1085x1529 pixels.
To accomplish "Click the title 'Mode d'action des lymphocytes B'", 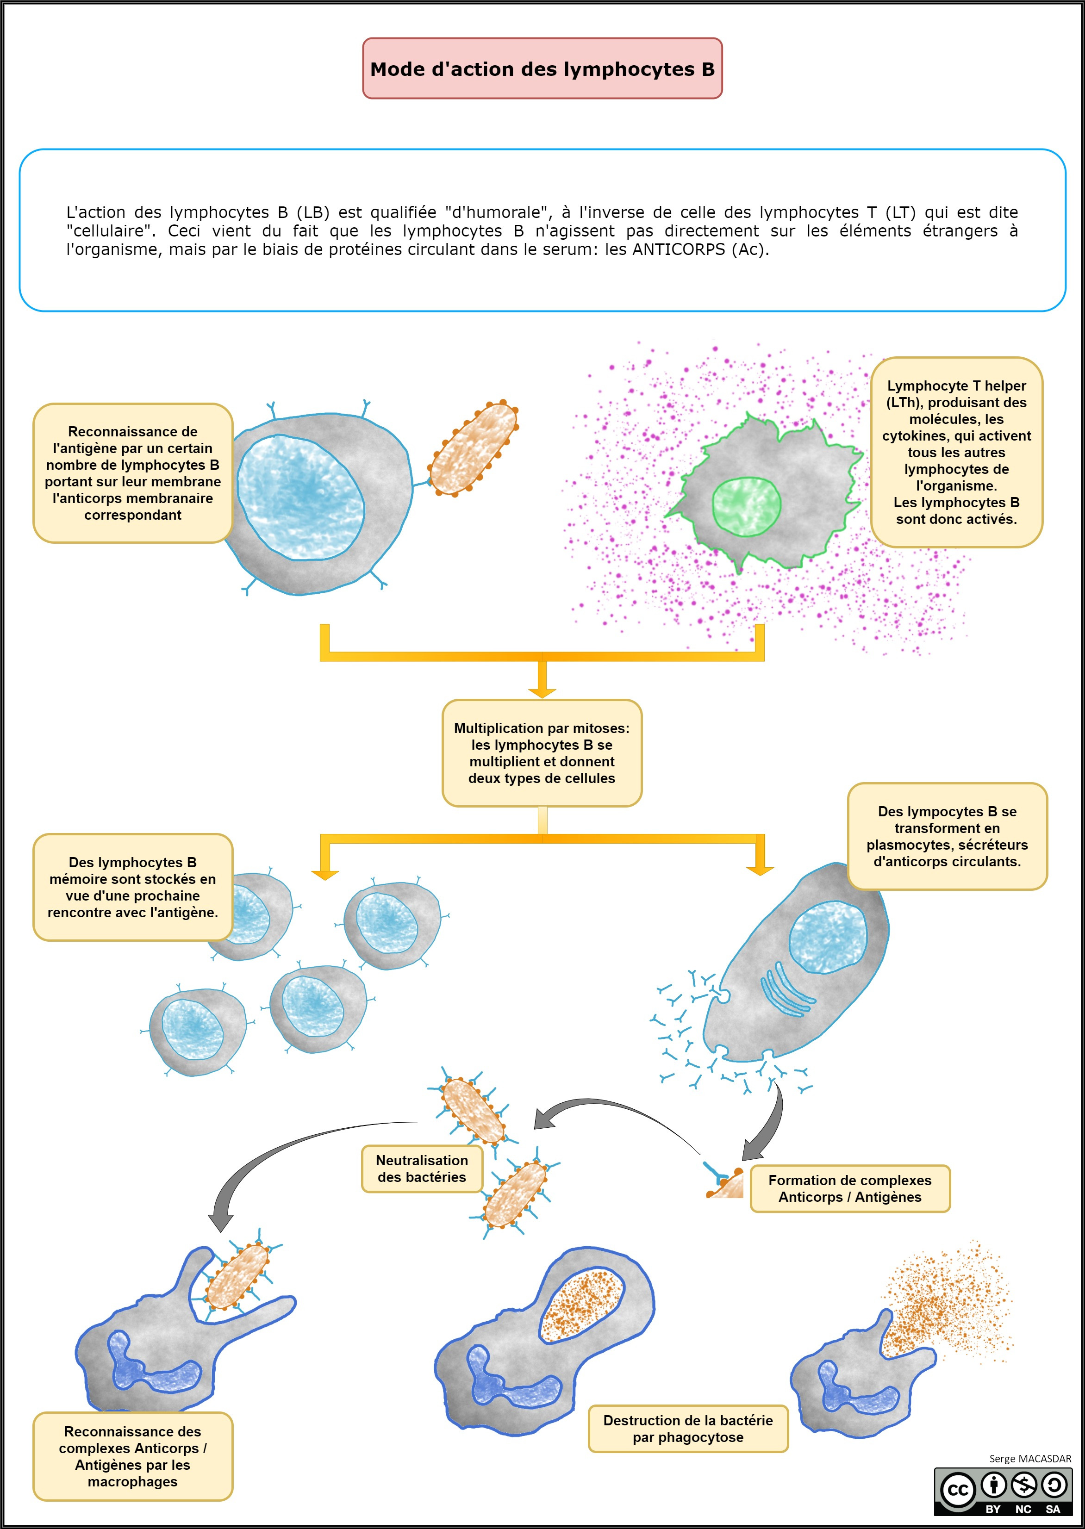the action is (542, 69).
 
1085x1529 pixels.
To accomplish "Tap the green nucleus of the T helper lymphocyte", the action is (746, 506).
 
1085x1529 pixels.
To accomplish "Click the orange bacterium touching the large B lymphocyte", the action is (474, 448).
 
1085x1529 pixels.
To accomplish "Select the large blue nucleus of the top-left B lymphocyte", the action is (301, 497).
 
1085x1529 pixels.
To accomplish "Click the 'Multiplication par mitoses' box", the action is (542, 753).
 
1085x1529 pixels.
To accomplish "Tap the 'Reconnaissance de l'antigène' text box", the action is (133, 473).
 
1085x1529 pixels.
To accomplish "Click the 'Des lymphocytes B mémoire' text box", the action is (133, 887).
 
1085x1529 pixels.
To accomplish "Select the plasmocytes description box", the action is (948, 836).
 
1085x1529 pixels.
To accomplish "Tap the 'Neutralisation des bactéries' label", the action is (422, 1169).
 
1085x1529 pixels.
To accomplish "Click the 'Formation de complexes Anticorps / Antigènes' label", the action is (850, 1188).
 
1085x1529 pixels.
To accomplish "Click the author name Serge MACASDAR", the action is (1030, 1459).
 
